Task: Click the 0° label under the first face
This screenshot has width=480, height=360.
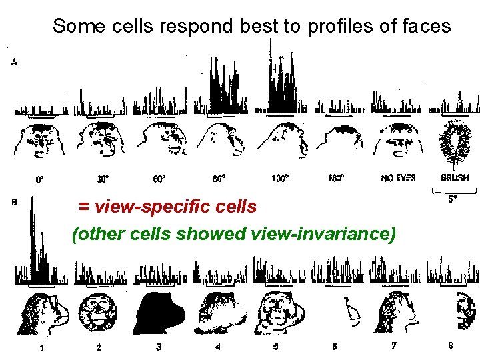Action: tap(40, 179)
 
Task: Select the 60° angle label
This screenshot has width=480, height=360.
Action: tap(159, 179)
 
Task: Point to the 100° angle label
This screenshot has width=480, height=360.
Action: tap(280, 179)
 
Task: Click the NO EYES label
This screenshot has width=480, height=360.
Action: tap(397, 178)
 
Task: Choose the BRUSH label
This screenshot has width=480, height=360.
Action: tap(455, 178)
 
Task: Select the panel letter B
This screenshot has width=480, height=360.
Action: tap(15, 204)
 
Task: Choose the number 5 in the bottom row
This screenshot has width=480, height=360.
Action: tap(275, 346)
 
